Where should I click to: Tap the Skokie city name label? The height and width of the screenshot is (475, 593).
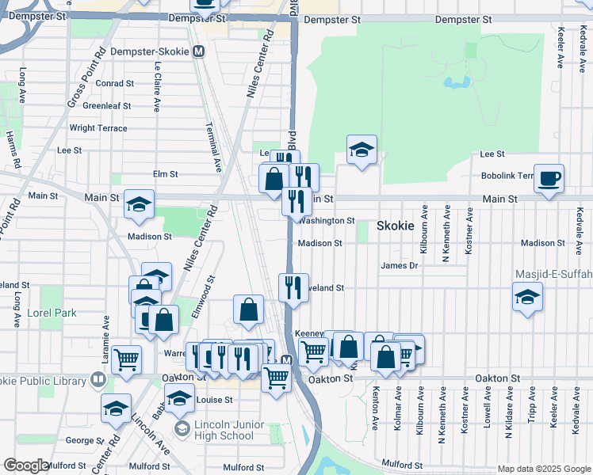(395, 226)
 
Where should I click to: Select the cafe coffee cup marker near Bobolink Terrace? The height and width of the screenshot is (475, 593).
(549, 179)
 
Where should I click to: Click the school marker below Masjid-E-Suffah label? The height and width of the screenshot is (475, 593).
(527, 298)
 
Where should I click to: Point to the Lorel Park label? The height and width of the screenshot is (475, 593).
(52, 313)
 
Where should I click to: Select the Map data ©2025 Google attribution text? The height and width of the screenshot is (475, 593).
(543, 469)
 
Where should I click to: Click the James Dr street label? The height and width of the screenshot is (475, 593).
(399, 266)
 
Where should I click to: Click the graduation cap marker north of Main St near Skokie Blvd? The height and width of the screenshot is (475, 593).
(362, 150)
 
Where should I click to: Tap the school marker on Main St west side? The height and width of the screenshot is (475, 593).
(139, 204)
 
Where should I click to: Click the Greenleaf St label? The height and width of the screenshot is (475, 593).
(106, 105)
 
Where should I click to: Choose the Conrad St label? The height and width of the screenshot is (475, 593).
(114, 83)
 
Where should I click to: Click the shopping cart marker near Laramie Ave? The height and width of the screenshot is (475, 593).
(127, 360)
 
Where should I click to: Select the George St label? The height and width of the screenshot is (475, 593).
(80, 439)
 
